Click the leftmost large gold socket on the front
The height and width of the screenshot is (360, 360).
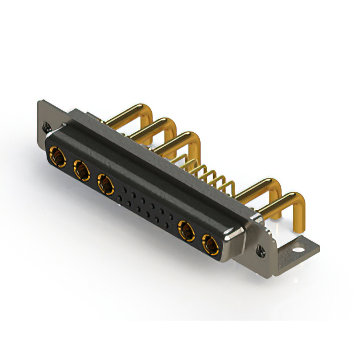click(x=57, y=155)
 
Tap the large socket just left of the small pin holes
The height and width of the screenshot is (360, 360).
click(x=105, y=183)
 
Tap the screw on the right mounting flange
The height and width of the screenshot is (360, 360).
click(x=260, y=248)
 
